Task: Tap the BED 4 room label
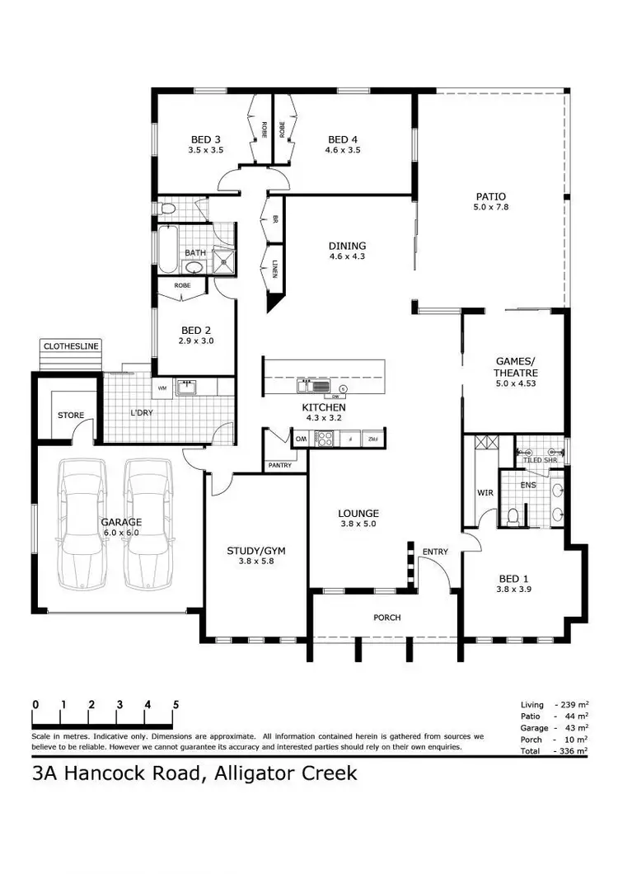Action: point(343,139)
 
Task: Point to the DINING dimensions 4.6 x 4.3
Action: point(346,256)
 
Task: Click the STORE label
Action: point(70,415)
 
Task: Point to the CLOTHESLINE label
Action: point(71,346)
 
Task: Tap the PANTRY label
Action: point(280,466)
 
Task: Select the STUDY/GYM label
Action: point(255,551)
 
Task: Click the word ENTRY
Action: point(434,552)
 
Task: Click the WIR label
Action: point(485,494)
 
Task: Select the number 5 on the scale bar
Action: point(176,704)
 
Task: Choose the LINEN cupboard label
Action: point(274,268)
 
